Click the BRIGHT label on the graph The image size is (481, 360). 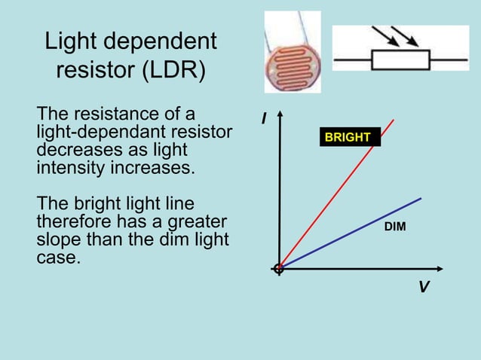click(348, 138)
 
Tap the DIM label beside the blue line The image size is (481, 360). click(395, 226)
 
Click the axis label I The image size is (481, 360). click(265, 119)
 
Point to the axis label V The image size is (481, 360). click(424, 288)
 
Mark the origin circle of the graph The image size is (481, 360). click(278, 268)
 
